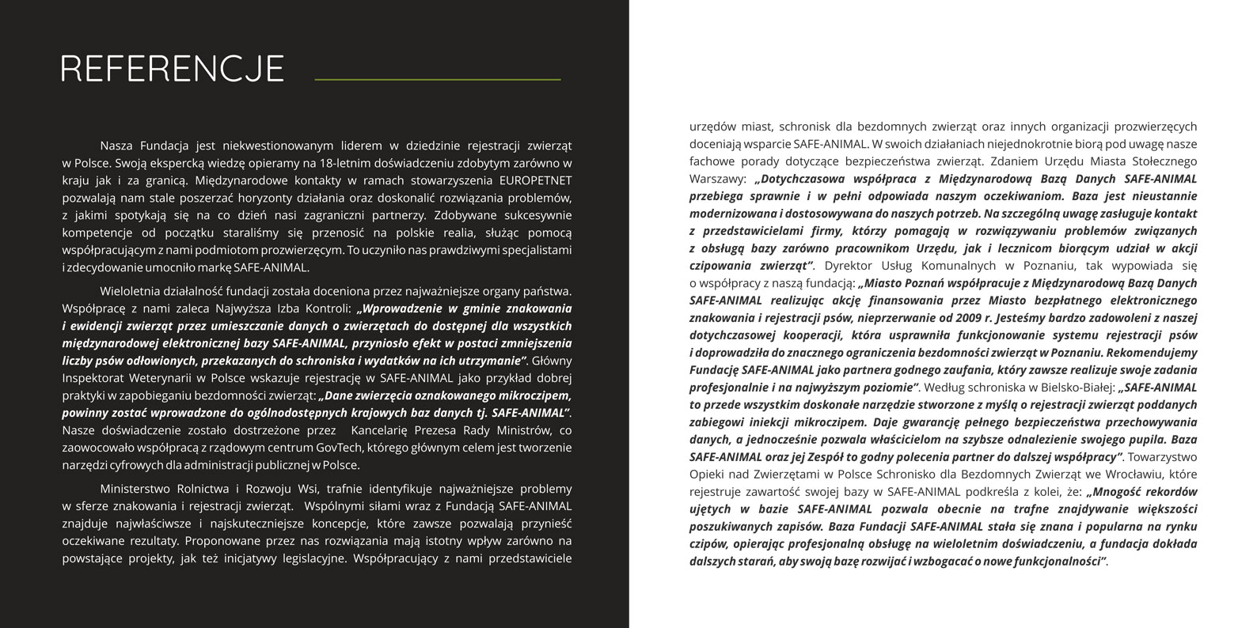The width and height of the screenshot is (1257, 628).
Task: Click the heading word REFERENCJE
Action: (x=172, y=69)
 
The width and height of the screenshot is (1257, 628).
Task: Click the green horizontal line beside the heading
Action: (x=437, y=80)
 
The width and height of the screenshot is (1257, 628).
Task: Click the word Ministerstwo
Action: (x=135, y=489)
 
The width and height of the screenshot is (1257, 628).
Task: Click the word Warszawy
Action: (x=716, y=179)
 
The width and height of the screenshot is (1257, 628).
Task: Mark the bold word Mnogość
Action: (x=1118, y=492)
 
